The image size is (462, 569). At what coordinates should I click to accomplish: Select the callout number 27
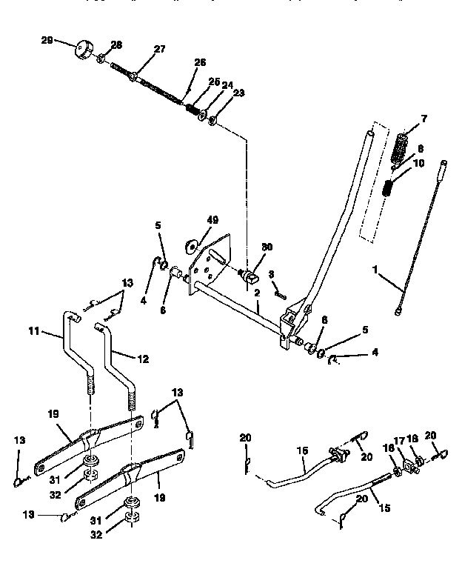point(160,50)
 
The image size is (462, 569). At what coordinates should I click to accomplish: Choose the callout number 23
point(238,93)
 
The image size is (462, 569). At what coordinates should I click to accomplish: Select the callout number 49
point(212,220)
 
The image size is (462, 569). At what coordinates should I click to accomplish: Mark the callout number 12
point(142,359)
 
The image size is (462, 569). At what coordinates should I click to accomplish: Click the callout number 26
point(199,62)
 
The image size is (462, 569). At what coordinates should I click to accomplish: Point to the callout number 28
point(116,45)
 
